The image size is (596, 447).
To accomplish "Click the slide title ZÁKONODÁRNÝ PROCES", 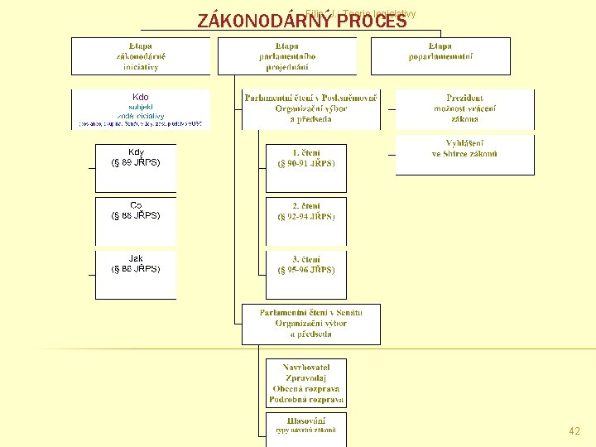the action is [x=302, y=21].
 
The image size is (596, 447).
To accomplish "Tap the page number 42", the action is [x=574, y=431].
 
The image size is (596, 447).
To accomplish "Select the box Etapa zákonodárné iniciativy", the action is [x=140, y=56].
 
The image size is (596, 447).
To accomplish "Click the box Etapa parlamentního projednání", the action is [x=286, y=56].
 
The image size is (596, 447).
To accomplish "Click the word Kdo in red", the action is [x=140, y=98].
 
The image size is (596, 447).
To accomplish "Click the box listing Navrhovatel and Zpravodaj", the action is [x=306, y=383].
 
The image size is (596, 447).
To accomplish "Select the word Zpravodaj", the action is [x=306, y=377].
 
